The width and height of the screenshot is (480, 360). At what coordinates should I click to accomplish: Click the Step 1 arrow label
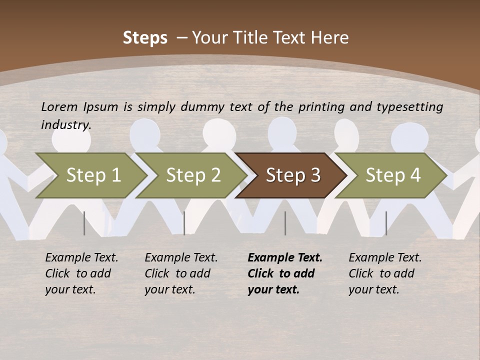[x=93, y=175]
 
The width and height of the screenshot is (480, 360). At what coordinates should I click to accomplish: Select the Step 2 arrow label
[x=193, y=175]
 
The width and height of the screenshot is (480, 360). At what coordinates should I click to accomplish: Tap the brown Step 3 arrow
[x=293, y=175]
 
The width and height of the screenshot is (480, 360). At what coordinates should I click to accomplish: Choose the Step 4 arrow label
[x=393, y=175]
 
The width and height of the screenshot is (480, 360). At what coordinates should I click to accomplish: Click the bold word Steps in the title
[x=145, y=37]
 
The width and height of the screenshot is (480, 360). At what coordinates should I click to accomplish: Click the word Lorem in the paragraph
[x=59, y=106]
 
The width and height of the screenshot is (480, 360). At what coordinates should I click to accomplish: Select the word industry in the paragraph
[x=65, y=124]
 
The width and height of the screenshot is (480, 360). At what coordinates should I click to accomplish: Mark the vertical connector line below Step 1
[x=84, y=223]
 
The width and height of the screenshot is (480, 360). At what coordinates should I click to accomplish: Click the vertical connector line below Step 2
[x=184, y=223]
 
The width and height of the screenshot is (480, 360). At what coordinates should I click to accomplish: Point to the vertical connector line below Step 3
[x=285, y=223]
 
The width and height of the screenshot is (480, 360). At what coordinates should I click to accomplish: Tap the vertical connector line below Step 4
[x=386, y=223]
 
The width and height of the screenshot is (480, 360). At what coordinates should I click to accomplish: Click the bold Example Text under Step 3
[x=285, y=258]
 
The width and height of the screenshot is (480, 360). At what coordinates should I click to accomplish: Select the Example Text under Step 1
[x=81, y=258]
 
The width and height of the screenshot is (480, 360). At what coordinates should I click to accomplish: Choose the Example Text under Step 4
[x=385, y=258]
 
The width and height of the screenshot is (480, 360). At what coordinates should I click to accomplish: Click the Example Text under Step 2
[x=181, y=258]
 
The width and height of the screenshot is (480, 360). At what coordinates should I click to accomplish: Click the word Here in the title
[x=330, y=37]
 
